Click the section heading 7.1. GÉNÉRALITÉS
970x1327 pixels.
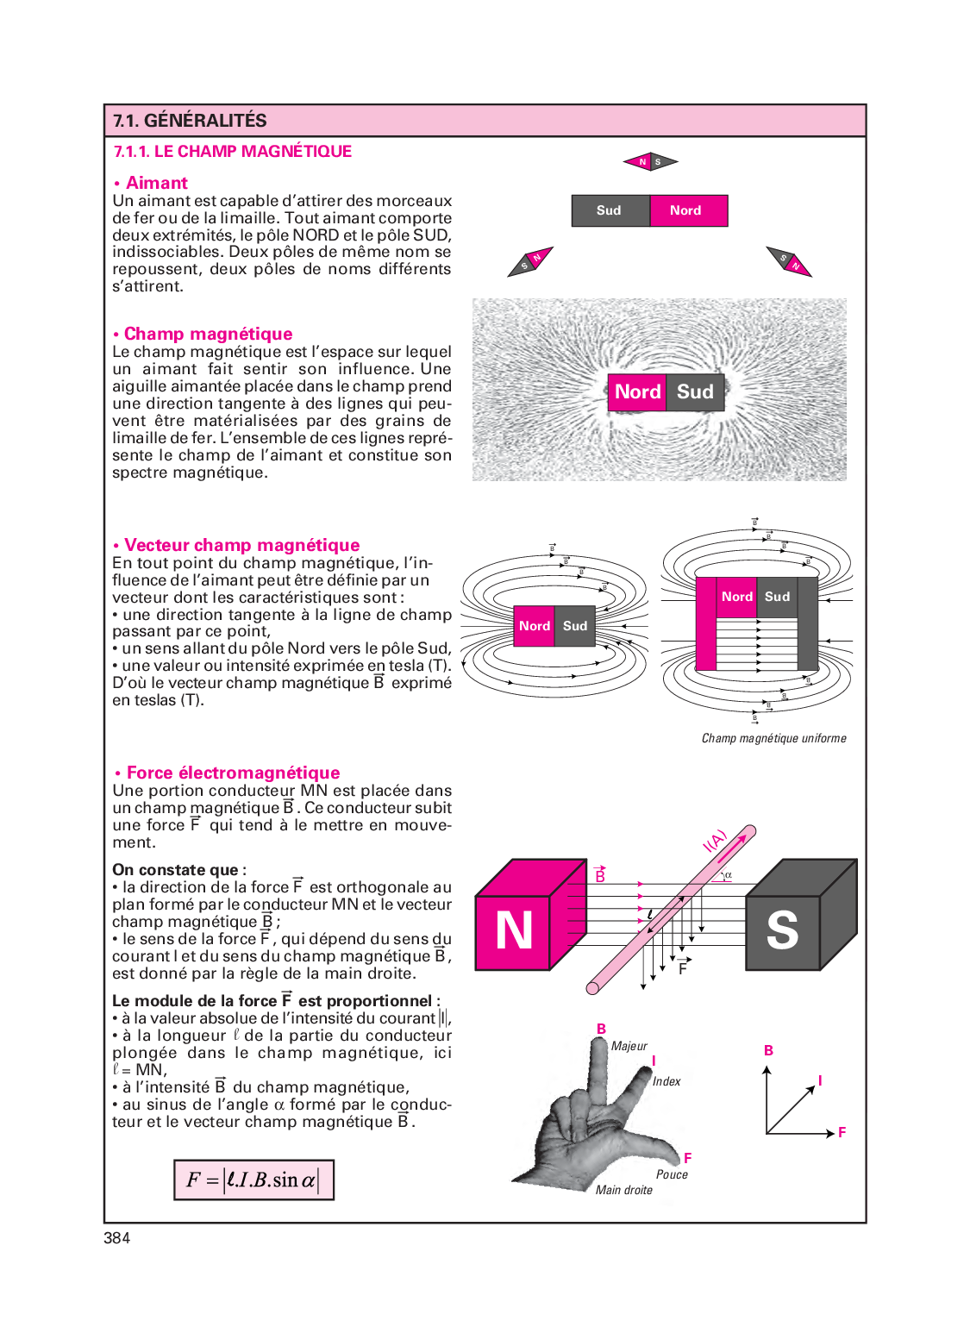[x=190, y=120]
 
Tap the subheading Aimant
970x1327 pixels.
[x=156, y=183]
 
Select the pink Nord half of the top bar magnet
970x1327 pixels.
[x=689, y=210]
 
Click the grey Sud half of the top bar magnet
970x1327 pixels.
[x=610, y=210]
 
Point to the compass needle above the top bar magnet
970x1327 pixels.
[x=650, y=161]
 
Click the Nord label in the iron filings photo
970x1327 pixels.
[x=637, y=391]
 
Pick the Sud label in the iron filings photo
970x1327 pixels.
[x=695, y=391]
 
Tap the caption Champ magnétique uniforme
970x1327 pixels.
[x=774, y=738]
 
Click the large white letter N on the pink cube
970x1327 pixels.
[x=514, y=930]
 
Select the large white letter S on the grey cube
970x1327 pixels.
[x=782, y=930]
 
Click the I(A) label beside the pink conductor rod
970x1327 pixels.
[x=714, y=841]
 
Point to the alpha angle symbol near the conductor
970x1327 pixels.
[x=729, y=874]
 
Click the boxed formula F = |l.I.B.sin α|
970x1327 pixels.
[x=253, y=1180]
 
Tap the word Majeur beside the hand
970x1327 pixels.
[x=629, y=1046]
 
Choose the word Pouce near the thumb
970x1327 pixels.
[x=672, y=1174]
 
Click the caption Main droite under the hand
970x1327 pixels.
[x=624, y=1190]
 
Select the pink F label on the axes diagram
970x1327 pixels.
[x=842, y=1133]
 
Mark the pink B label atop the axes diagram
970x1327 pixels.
[x=768, y=1050]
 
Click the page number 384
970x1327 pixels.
[x=116, y=1238]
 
